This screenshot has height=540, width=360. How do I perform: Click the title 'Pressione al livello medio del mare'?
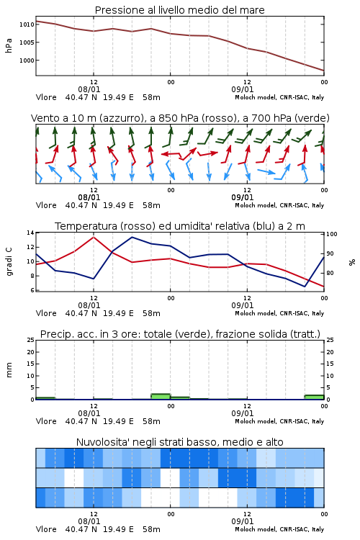(179, 10)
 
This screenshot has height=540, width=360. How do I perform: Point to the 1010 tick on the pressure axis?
(27, 24)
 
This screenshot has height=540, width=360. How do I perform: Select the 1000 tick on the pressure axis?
(27, 60)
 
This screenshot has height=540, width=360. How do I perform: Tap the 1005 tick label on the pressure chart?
(27, 42)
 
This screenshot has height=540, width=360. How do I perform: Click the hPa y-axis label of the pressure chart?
(9, 45)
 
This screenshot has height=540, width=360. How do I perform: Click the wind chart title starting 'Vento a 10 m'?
(180, 118)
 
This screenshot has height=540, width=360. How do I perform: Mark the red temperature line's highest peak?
(94, 237)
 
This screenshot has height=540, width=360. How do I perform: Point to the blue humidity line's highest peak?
(132, 237)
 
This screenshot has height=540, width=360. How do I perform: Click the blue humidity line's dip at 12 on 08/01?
(94, 279)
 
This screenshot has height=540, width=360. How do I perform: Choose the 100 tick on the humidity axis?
(332, 234)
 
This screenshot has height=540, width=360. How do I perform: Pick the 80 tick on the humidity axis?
(330, 273)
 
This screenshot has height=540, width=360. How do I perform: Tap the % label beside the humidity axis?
(352, 262)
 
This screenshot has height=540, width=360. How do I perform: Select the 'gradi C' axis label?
(9, 261)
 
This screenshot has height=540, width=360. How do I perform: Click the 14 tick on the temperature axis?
(31, 233)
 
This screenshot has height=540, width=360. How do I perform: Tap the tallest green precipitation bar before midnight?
(161, 397)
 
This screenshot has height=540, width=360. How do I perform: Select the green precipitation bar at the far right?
(314, 397)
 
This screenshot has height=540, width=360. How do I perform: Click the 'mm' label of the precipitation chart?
(9, 370)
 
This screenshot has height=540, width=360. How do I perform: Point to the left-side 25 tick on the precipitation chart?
(31, 341)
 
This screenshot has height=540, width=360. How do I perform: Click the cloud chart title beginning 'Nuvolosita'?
(179, 442)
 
